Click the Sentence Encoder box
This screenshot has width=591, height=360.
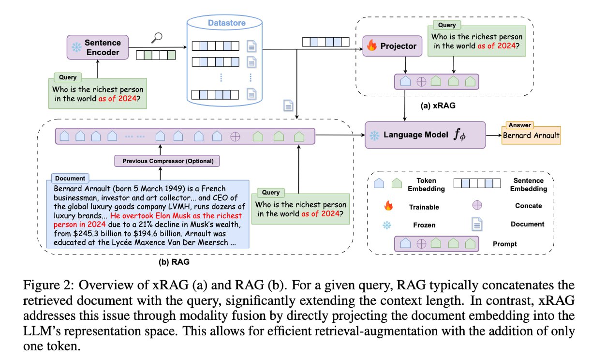pyautogui.click(x=97, y=47)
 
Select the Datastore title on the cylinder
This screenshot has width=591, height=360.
pyautogui.click(x=226, y=23)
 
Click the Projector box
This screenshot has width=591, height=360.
pyautogui.click(x=391, y=46)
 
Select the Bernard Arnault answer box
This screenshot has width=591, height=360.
pyautogui.click(x=531, y=135)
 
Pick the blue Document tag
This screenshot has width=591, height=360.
pyautogui.click(x=70, y=178)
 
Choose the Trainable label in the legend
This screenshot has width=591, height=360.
pyautogui.click(x=424, y=207)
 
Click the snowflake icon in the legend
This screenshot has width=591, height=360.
pyautogui.click(x=388, y=225)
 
